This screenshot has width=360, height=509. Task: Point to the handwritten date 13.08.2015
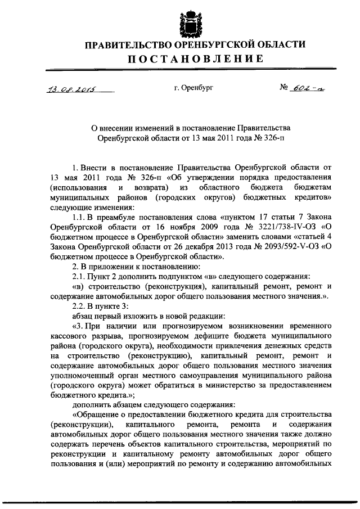66,88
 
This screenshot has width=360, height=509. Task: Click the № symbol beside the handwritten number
285,88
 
